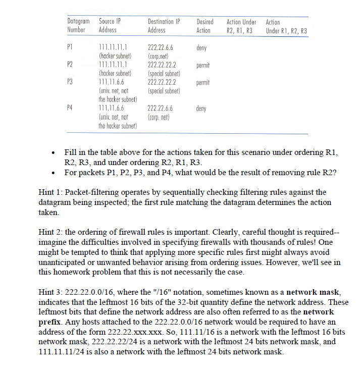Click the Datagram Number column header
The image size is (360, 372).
[x=78, y=26]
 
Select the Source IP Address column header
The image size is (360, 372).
[x=110, y=26]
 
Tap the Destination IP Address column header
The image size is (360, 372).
[x=164, y=26]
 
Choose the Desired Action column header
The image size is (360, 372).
[x=204, y=26]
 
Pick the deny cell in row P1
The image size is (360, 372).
[x=201, y=49]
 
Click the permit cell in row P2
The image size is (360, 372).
[x=203, y=66]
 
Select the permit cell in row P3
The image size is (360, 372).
[x=203, y=82]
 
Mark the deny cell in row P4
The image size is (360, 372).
[x=201, y=108]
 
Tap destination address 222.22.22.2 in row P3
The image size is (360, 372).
[x=162, y=82]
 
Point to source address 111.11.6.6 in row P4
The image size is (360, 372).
[x=111, y=108]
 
